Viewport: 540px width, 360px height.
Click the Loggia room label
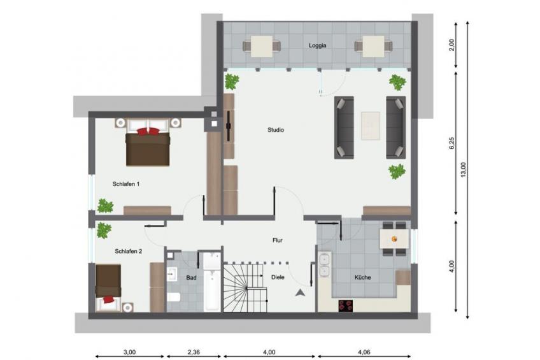(x=317, y=45)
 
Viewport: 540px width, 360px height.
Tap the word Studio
(x=276, y=130)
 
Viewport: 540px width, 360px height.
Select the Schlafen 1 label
(x=125, y=184)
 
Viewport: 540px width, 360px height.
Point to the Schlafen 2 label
(x=128, y=251)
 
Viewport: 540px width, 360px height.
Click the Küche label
(x=362, y=277)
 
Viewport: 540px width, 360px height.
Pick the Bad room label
(x=191, y=277)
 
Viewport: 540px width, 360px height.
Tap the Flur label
(x=277, y=240)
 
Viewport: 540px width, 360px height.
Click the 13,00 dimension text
(x=463, y=170)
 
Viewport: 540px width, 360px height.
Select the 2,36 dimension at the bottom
(x=194, y=352)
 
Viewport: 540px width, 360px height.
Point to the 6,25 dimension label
(x=452, y=143)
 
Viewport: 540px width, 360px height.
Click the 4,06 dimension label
(x=364, y=352)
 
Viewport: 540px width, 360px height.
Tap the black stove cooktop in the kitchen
(x=346, y=306)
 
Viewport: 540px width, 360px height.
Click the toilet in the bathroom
(x=174, y=297)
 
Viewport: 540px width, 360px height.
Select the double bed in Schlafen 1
(x=148, y=142)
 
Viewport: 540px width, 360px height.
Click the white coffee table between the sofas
(x=370, y=126)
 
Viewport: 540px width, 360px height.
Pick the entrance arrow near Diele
(x=301, y=293)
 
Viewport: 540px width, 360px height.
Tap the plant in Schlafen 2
(x=104, y=230)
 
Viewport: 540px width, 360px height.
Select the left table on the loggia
(x=262, y=46)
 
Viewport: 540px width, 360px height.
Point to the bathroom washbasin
(x=172, y=274)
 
